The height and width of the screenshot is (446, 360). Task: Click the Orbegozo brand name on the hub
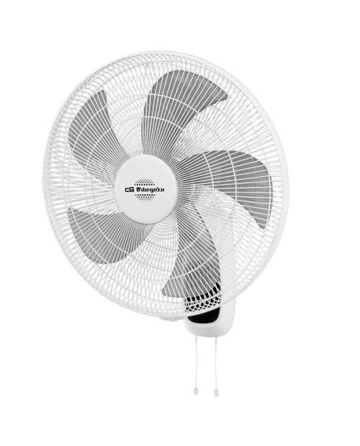point(150,189)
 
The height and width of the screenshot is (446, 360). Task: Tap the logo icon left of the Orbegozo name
point(130,189)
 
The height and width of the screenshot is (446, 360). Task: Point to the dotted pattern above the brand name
point(145,182)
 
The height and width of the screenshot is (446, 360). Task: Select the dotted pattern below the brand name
point(145,196)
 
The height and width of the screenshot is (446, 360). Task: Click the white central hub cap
point(145,189)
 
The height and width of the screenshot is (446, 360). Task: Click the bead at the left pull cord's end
point(196,391)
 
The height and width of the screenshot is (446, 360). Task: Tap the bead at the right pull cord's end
point(216,393)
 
